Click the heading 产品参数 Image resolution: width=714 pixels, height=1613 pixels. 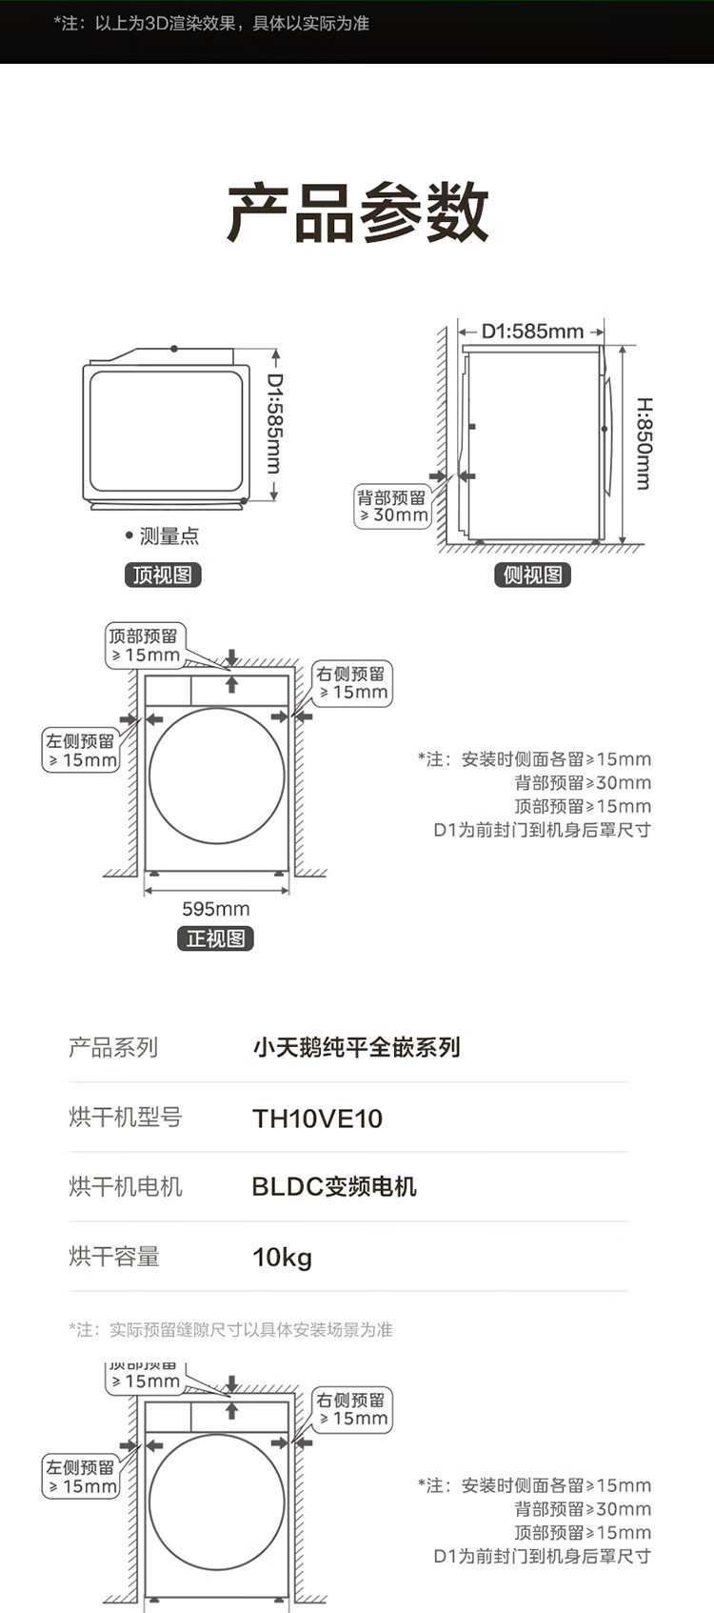click(x=358, y=212)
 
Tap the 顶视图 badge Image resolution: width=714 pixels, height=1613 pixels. click(x=163, y=575)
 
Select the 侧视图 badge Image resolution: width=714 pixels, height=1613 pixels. click(x=532, y=575)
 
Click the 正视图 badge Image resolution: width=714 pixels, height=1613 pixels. click(x=216, y=938)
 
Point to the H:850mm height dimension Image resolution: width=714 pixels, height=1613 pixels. click(x=645, y=444)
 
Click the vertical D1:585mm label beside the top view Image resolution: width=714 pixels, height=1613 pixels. click(x=274, y=423)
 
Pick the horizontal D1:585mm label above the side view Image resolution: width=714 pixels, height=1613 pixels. click(x=532, y=332)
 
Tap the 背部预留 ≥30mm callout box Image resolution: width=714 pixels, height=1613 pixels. click(x=393, y=506)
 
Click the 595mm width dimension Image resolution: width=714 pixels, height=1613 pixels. click(x=216, y=909)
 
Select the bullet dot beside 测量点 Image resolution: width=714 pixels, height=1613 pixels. click(x=129, y=535)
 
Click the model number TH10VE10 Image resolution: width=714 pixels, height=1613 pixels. click(x=317, y=1119)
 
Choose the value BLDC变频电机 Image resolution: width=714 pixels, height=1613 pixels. click(x=334, y=1187)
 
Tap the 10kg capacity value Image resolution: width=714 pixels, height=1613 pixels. click(x=282, y=1258)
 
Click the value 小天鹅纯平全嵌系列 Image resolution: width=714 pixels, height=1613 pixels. click(x=356, y=1047)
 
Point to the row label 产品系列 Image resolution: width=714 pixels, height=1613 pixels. click(x=113, y=1047)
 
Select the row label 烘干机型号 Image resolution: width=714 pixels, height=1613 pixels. click(x=126, y=1117)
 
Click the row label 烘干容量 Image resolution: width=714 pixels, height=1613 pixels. click(x=113, y=1257)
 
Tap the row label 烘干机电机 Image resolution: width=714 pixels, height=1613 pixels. click(x=126, y=1187)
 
